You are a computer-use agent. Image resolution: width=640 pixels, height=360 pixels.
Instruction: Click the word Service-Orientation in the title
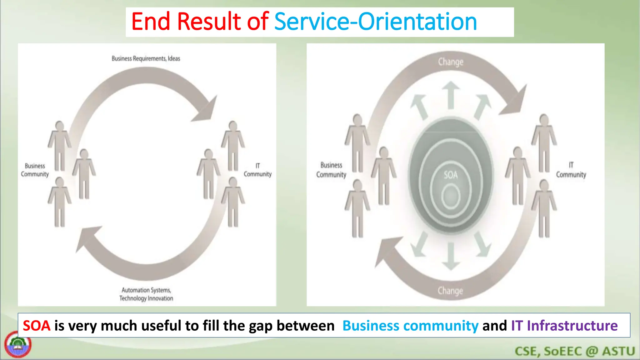point(375,22)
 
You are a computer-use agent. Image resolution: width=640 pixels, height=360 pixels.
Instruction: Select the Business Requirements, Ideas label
point(146,58)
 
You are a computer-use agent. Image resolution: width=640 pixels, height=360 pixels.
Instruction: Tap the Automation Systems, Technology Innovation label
point(146,294)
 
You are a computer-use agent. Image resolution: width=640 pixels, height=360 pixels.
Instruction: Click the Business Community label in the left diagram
point(35,170)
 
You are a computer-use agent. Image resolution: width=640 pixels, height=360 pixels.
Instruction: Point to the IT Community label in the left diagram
point(257,170)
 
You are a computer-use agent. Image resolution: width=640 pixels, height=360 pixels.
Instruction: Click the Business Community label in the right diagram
point(331,170)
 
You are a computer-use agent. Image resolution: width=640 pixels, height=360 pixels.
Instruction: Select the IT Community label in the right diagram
point(571,170)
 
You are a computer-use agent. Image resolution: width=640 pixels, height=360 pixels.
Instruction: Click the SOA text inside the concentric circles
point(451,175)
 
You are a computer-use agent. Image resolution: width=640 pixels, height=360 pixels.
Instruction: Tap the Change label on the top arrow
point(451,62)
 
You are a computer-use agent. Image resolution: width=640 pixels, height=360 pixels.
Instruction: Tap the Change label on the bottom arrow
point(450,291)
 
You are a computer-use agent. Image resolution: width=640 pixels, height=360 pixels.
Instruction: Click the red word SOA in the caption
point(37,326)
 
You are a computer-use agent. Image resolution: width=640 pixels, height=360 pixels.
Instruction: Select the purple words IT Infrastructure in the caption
point(564,326)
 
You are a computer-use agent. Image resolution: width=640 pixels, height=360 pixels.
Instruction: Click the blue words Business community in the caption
point(410,326)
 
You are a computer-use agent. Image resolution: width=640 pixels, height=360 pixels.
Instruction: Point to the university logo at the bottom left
point(18,345)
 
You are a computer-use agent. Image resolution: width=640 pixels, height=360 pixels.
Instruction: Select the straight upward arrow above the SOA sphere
point(451,95)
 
